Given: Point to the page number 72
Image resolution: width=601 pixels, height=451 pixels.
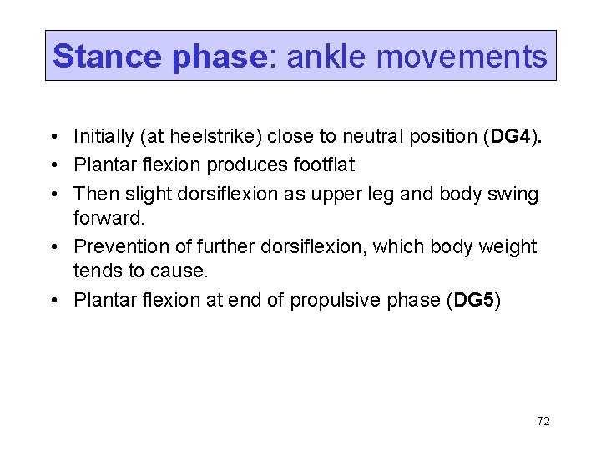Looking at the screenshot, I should coord(543,422).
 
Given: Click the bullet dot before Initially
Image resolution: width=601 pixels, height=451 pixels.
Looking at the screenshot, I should coord(53,137).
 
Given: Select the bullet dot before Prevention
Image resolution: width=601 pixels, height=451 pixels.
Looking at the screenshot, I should coord(53,247).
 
